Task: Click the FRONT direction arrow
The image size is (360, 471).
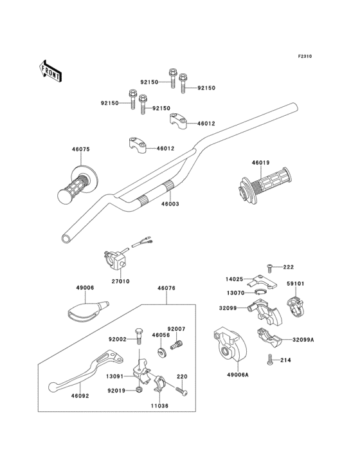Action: [50, 71]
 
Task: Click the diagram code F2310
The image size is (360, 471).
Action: [305, 56]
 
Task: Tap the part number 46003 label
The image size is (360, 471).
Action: [170, 204]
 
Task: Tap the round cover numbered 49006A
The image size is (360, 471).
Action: [230, 344]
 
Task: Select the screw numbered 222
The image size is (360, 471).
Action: [269, 268]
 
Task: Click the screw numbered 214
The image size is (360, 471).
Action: [269, 360]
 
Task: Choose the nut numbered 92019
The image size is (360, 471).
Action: [139, 390]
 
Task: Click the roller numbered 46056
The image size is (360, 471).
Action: [162, 352]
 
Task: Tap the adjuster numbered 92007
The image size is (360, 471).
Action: [176, 344]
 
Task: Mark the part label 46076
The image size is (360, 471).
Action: [166, 288]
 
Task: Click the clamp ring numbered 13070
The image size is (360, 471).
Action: [260, 293]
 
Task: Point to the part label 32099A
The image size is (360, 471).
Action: [303, 340]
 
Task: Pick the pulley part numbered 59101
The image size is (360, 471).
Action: [296, 306]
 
